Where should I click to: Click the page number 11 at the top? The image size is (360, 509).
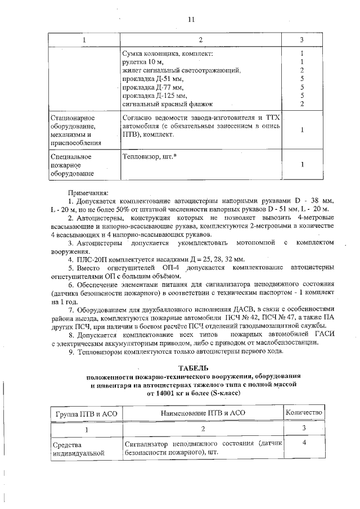191,19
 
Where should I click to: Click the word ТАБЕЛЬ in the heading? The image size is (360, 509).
193,368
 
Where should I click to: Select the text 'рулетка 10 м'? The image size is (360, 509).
143,62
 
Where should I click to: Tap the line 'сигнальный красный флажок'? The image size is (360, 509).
168,104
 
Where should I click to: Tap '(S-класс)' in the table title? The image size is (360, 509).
225,393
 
